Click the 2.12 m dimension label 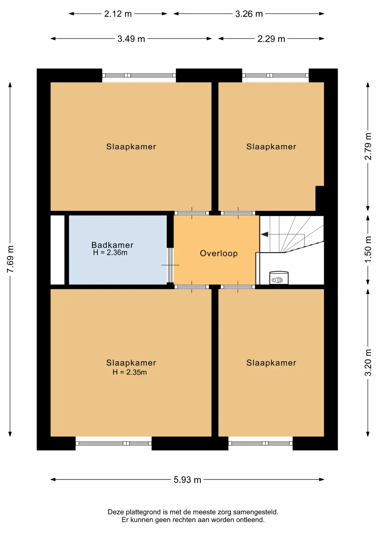point(118,14)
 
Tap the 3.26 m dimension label point(249,14)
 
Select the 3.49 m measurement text point(131,39)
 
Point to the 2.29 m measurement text point(271,39)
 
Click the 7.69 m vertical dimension point(10,259)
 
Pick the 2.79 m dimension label point(368,146)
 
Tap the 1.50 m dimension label point(368,249)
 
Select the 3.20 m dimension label point(368,363)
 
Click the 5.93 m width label point(187,479)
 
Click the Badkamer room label point(112,245)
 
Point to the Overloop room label point(219,253)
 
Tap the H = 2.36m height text point(110,253)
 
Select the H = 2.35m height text point(129,372)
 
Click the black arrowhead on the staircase point(264,234)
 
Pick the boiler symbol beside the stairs point(279,278)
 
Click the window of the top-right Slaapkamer point(275,75)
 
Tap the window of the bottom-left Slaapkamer point(114,443)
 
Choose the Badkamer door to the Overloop point(170,265)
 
